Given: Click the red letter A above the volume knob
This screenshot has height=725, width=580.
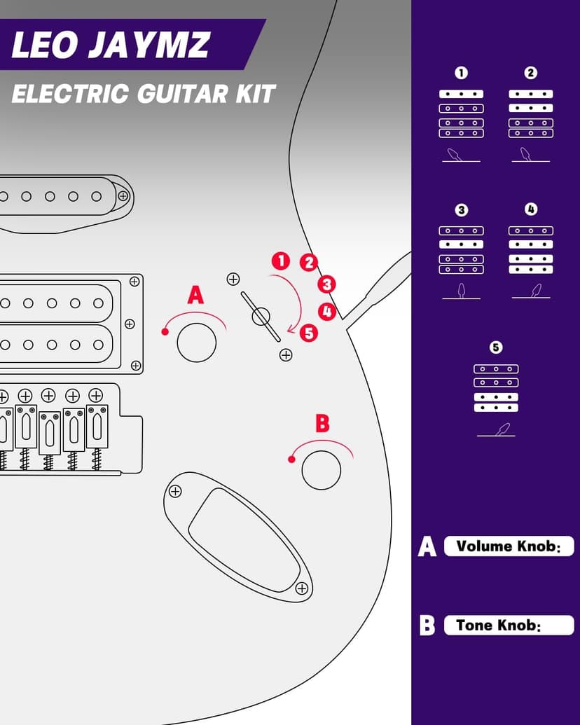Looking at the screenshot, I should [x=195, y=295].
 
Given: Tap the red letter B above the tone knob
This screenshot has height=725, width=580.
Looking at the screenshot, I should [x=322, y=423].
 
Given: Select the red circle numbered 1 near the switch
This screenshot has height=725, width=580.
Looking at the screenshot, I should [x=281, y=261].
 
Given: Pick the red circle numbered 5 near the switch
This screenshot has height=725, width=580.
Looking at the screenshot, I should [x=308, y=333].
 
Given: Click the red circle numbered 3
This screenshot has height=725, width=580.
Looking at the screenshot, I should [x=326, y=284].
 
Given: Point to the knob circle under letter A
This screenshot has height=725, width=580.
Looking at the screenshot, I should [x=197, y=343].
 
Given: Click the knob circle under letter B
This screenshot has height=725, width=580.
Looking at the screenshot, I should [x=321, y=470].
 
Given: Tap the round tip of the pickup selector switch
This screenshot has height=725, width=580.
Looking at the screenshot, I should [x=261, y=317].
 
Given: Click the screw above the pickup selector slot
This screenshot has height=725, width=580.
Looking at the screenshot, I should [x=233, y=279].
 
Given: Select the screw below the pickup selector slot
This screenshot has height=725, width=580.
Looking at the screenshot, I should [x=286, y=354].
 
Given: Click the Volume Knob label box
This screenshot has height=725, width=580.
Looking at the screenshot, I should [x=509, y=546].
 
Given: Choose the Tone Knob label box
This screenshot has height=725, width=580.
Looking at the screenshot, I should [x=509, y=625].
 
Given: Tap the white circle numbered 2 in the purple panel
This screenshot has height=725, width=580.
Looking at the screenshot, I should [x=530, y=73].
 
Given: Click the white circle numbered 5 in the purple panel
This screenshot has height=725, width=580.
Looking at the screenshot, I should [x=496, y=347].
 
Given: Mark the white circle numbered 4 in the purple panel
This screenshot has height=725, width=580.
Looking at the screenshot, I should [x=530, y=209].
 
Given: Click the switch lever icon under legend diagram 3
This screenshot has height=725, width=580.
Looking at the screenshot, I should [x=461, y=291].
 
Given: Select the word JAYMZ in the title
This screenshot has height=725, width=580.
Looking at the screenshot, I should [x=150, y=46].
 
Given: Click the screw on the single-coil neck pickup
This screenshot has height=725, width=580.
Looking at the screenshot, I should [x=123, y=195].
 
